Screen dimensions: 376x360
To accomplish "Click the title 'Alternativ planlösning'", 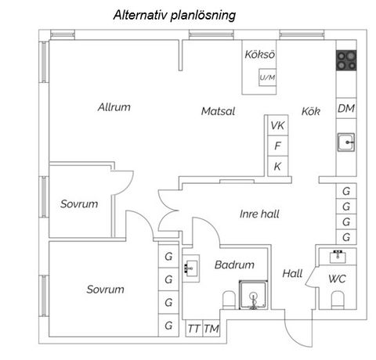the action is point(175,15).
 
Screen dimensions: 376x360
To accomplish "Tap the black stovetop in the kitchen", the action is point(346,60).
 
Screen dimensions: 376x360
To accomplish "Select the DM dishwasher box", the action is point(346,108).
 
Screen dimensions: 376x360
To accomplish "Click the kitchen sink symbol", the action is point(346,142).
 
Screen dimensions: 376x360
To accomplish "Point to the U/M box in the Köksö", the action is point(267,77).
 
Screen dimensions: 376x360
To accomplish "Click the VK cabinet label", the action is point(278,125).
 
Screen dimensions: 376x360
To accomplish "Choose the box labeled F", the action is point(278,146).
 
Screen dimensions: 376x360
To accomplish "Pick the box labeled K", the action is point(278,166).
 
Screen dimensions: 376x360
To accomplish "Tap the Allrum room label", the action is point(114,107).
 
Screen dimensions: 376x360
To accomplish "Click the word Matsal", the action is point(218,111).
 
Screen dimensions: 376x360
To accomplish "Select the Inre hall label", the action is point(259,214).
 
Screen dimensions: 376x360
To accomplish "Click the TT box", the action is point(194,328).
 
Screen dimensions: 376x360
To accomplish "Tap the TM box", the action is point(211,328).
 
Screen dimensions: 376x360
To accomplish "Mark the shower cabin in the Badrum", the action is point(254,295).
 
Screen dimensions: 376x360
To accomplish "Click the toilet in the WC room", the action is point(338,301).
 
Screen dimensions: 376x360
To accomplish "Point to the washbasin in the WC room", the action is point(338,257).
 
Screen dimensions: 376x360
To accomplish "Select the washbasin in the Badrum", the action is point(191,268).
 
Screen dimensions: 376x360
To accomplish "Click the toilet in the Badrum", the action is point(230,301).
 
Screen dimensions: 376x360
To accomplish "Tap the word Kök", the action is point(311,111).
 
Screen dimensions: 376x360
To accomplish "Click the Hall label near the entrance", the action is point(292,274).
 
